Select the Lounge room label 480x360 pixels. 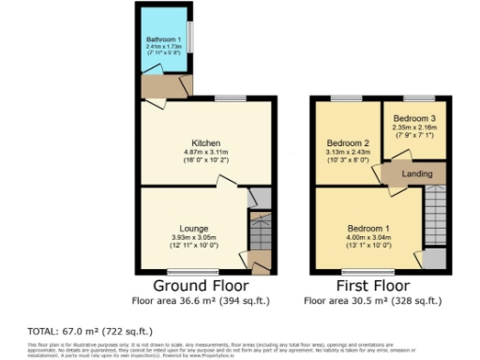[195, 229]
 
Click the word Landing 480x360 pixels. [416, 173]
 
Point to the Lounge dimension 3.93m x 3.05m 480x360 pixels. [195, 237]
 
